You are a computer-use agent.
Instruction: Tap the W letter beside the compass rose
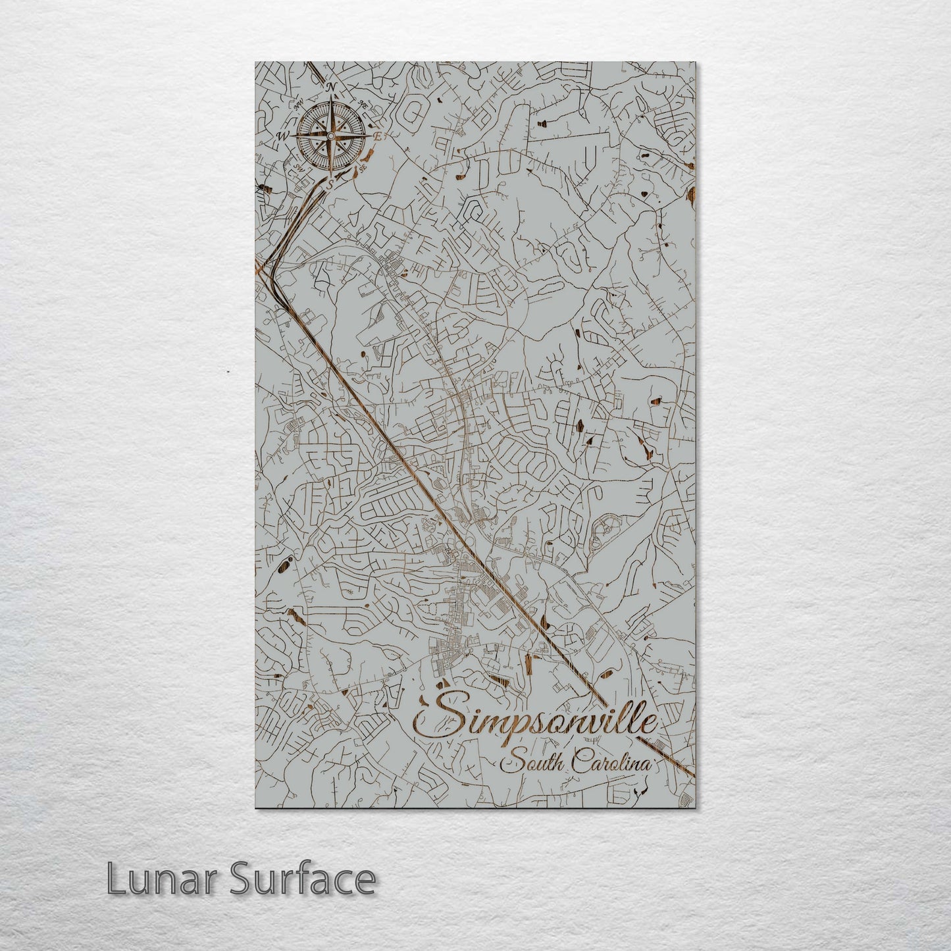click(x=284, y=136)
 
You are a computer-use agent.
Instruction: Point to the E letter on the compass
click(x=377, y=136)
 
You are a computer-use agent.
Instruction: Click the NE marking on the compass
click(x=363, y=104)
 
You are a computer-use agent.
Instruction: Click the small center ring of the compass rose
click(x=330, y=136)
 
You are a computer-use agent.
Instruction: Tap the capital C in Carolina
click(x=580, y=763)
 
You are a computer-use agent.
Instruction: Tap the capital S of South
click(x=509, y=765)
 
